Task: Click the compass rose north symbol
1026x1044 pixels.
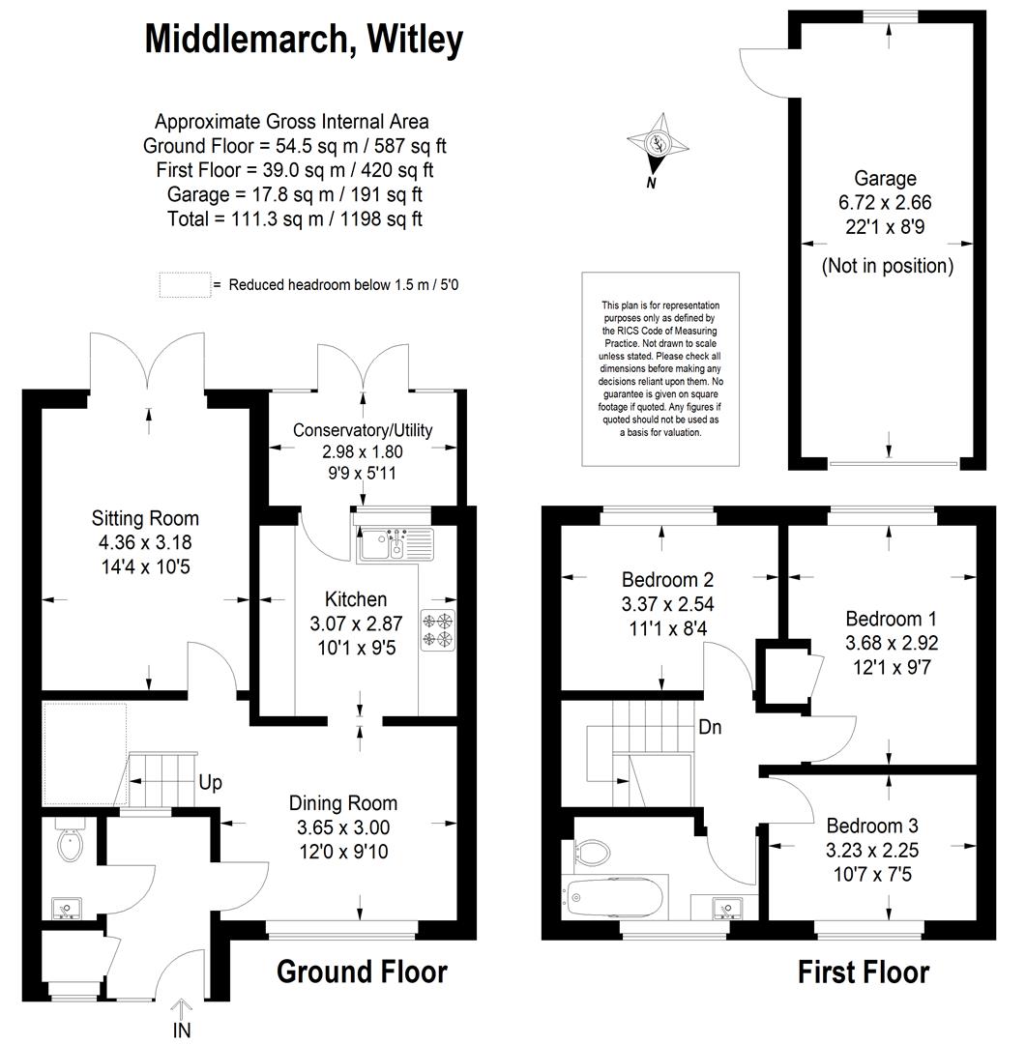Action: tap(658, 144)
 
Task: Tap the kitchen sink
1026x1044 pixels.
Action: tap(396, 544)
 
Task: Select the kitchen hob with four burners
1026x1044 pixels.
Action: tap(438, 630)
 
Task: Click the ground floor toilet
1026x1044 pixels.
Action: tap(70, 842)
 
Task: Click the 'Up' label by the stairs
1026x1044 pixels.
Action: tap(210, 782)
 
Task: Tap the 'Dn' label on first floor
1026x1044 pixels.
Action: tap(710, 726)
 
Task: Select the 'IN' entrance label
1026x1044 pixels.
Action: tap(182, 1030)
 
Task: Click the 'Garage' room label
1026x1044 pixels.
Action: tap(885, 179)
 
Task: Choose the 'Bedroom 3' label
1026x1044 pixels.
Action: tap(872, 826)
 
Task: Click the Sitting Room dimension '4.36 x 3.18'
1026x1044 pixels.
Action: tap(145, 542)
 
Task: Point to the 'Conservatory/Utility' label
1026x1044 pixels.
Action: tap(363, 430)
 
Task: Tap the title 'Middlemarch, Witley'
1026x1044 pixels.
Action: tap(304, 40)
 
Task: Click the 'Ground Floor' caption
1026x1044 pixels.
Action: tap(362, 972)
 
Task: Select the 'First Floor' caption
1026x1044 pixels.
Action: tap(864, 972)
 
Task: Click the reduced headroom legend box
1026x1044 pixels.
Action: tap(186, 285)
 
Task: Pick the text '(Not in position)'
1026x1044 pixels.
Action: tap(888, 267)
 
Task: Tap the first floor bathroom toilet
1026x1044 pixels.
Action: tap(593, 851)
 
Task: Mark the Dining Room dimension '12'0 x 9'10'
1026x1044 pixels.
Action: tap(344, 852)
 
